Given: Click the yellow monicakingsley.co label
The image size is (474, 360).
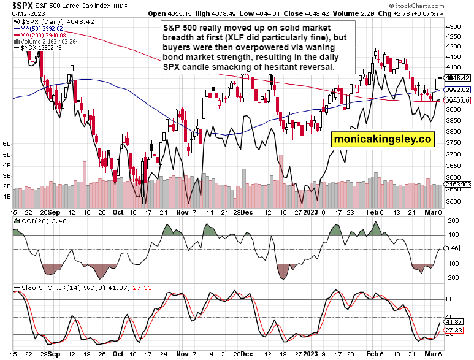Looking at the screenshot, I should (383, 140).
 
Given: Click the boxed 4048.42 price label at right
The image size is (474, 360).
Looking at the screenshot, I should (457, 78).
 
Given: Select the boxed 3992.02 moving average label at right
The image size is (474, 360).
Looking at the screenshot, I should (457, 90).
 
